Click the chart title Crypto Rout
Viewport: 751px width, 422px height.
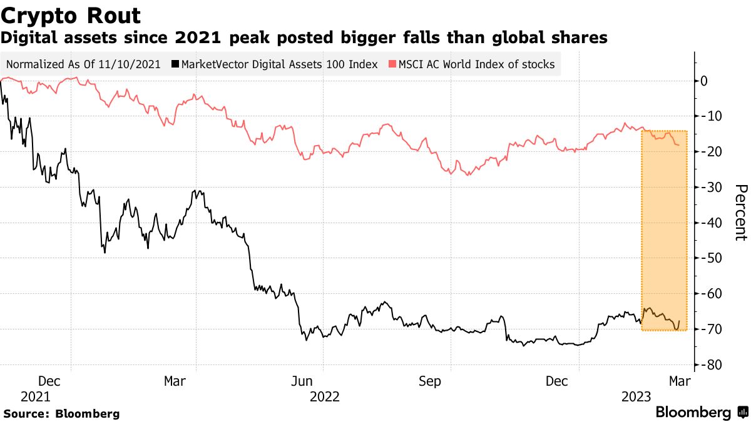coord(71,15)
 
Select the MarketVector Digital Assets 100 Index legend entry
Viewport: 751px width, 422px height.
coord(278,64)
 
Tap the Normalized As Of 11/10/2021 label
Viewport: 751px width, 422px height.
coord(84,64)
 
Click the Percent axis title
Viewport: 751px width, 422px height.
coord(740,213)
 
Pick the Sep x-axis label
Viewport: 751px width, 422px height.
coord(430,381)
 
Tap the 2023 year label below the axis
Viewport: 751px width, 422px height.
coord(636,396)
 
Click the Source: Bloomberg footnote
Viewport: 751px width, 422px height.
coord(61,413)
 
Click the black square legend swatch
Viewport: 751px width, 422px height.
coord(176,64)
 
